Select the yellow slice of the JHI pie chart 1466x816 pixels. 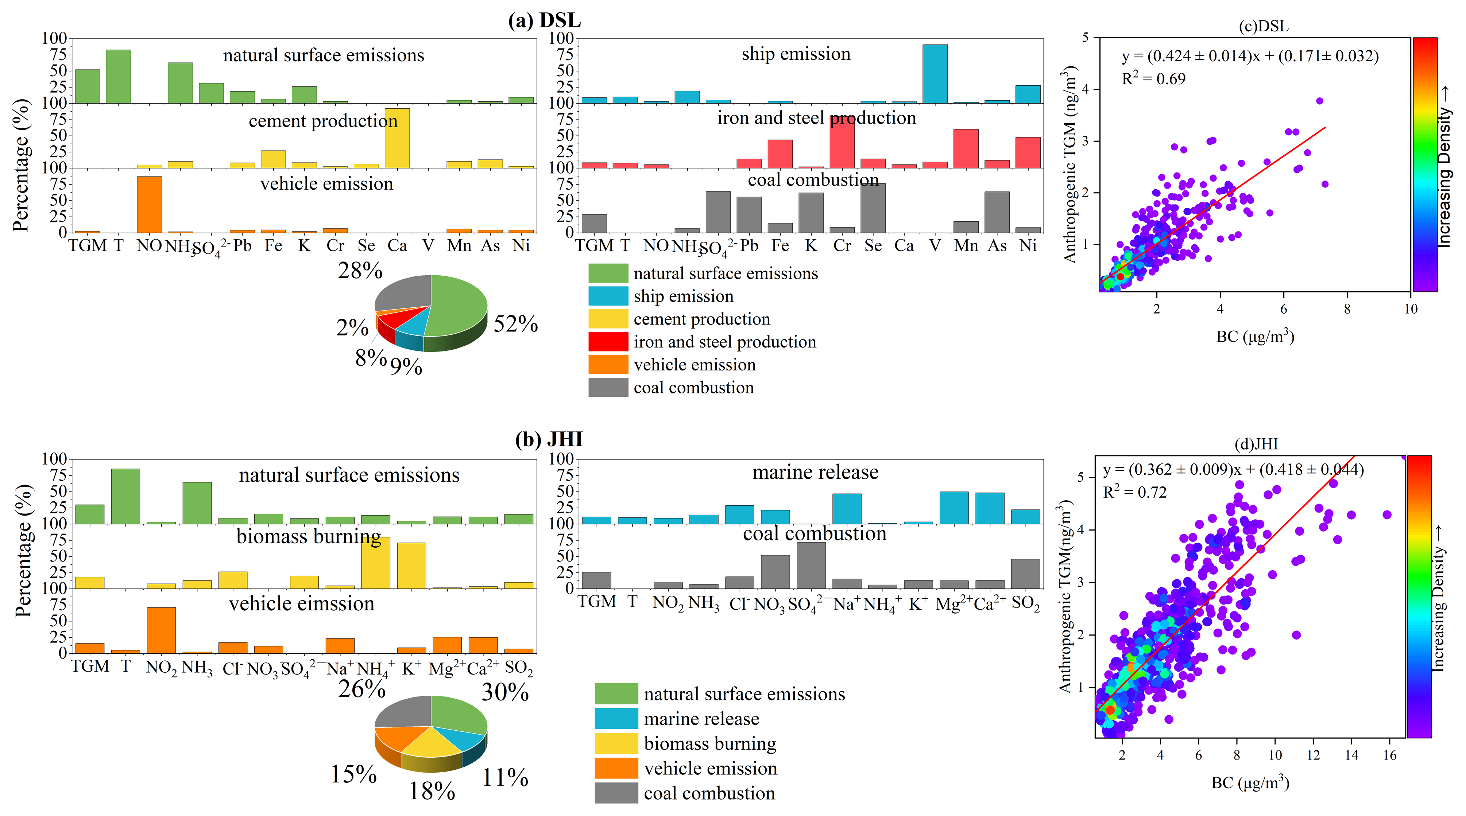click(x=432, y=743)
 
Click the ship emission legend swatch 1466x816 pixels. click(x=608, y=296)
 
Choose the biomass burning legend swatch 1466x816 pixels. click(x=616, y=743)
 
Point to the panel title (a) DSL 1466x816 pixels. click(x=544, y=20)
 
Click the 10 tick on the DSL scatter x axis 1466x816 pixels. click(x=1410, y=309)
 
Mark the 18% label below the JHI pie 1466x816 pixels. click(x=432, y=791)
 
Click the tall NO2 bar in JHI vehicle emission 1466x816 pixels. click(x=161, y=630)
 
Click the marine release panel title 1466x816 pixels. click(x=815, y=472)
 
